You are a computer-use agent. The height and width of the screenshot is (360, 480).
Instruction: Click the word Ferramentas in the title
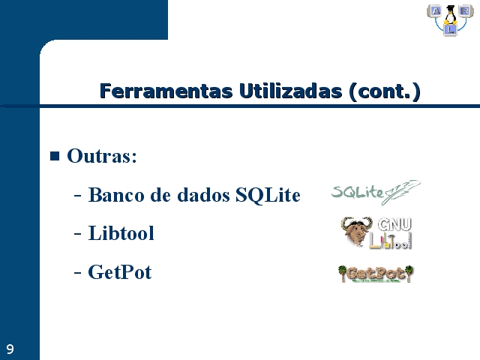point(166,91)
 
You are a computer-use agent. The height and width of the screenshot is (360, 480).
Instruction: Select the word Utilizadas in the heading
point(290,91)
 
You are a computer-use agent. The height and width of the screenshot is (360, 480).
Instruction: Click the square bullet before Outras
point(55,156)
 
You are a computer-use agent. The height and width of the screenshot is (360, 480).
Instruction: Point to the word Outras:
point(102,156)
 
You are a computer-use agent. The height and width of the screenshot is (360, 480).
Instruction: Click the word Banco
point(116,195)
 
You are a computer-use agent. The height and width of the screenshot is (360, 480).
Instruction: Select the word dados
point(203,195)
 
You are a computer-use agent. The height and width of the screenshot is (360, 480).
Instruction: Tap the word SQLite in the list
point(268,195)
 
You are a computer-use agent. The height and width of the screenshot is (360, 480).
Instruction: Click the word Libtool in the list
point(121,233)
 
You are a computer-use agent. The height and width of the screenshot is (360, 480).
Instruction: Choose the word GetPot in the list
point(120,271)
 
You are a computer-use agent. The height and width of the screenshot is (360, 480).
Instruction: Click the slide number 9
point(10,349)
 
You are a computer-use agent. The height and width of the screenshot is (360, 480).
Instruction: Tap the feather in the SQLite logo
point(402,192)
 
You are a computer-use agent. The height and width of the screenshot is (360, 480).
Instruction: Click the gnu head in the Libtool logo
point(355,231)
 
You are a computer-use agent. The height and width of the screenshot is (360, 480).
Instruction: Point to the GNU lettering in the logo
point(394,224)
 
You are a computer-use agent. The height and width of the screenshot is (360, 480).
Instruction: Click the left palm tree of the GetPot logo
point(342,273)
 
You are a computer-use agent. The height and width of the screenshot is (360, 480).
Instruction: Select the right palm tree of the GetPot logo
point(409,273)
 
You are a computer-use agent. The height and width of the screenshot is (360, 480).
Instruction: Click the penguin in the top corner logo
point(450,15)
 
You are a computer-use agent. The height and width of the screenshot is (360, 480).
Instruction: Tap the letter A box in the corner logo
point(436,11)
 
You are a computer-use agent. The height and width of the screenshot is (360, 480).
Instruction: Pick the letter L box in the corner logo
point(450,30)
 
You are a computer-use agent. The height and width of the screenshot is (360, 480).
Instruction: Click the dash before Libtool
point(78,234)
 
